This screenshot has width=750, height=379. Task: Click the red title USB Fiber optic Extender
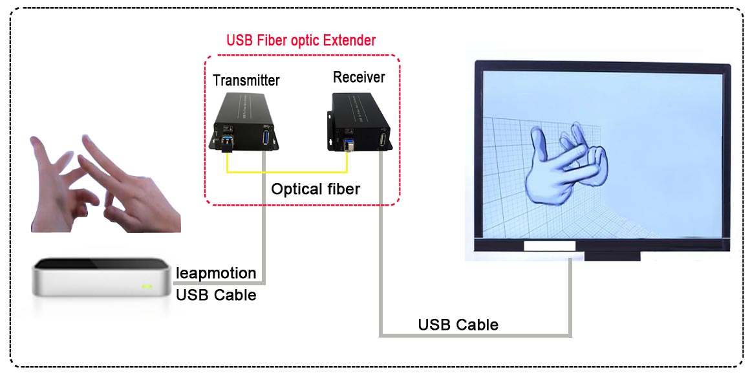301,40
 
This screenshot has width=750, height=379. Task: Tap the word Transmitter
246,80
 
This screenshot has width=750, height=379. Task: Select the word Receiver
359,77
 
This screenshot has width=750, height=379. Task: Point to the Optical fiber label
316,189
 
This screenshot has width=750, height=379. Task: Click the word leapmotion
216,273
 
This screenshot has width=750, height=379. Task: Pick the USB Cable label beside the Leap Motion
216,295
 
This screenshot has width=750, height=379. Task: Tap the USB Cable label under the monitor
458,325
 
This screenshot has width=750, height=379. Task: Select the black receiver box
360,123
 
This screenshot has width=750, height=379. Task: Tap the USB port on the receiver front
383,140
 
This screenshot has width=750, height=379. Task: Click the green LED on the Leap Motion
147,286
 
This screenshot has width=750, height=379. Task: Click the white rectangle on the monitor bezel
550,246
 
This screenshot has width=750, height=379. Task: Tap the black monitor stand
612,256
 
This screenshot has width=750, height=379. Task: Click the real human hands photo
105,184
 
